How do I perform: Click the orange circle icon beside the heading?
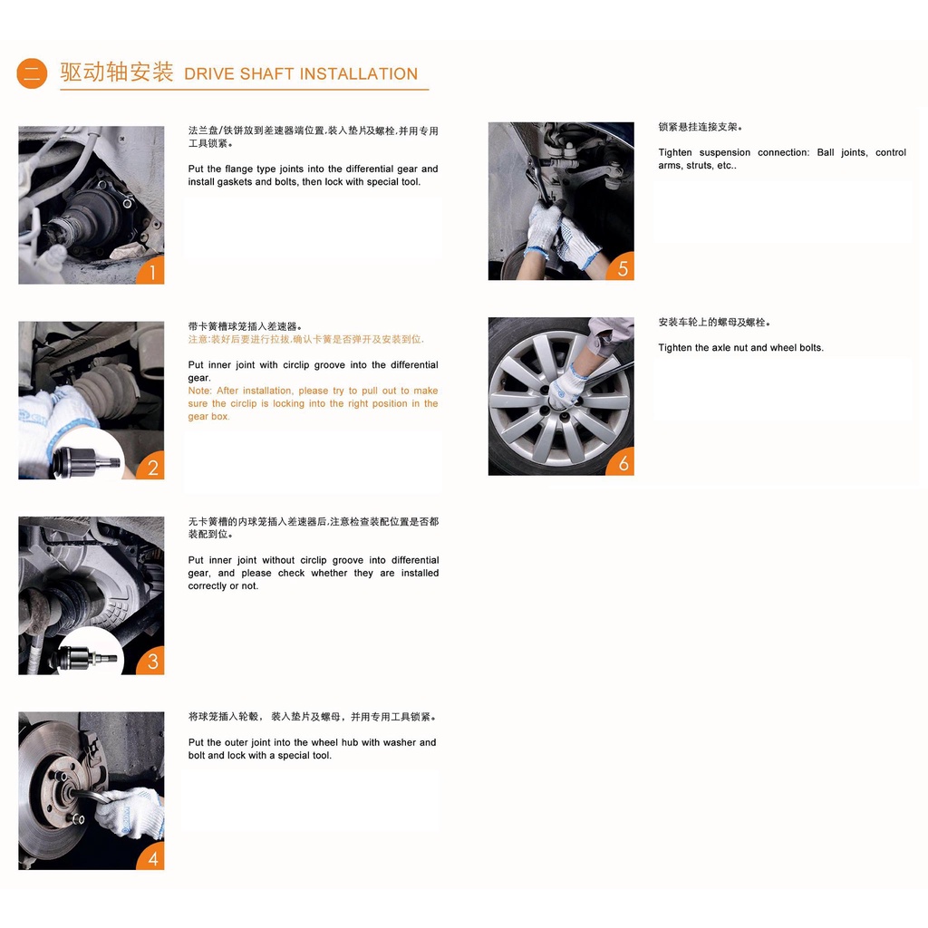pyautogui.click(x=32, y=73)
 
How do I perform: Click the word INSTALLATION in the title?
pyautogui.click(x=359, y=74)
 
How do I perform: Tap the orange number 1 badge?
pyautogui.click(x=151, y=271)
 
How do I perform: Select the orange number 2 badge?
pyautogui.click(x=151, y=467)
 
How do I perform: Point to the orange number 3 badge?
pyautogui.click(x=151, y=661)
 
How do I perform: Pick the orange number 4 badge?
pyautogui.click(x=151, y=857)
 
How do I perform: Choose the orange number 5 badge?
pyautogui.click(x=622, y=267)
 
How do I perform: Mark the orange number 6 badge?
pyautogui.click(x=622, y=462)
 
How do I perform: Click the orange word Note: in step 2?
pyautogui.click(x=200, y=391)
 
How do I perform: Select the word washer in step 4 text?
pyautogui.click(x=400, y=742)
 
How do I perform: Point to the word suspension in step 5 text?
pyautogui.click(x=725, y=152)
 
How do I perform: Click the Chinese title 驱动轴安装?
pyautogui.click(x=117, y=72)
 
